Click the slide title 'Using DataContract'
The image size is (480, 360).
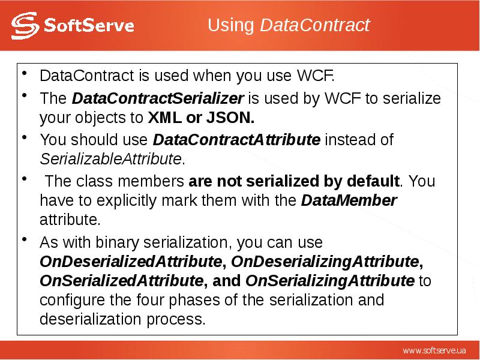click(288, 26)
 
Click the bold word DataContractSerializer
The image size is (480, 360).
click(157, 98)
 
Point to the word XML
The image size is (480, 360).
click(163, 117)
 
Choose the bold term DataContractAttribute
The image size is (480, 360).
click(236, 140)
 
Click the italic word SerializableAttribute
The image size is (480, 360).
click(110, 159)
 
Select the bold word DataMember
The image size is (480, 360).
click(349, 200)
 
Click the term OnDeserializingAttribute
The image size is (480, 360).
click(324, 262)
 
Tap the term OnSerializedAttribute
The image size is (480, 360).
click(120, 281)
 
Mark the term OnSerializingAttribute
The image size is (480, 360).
click(329, 281)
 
